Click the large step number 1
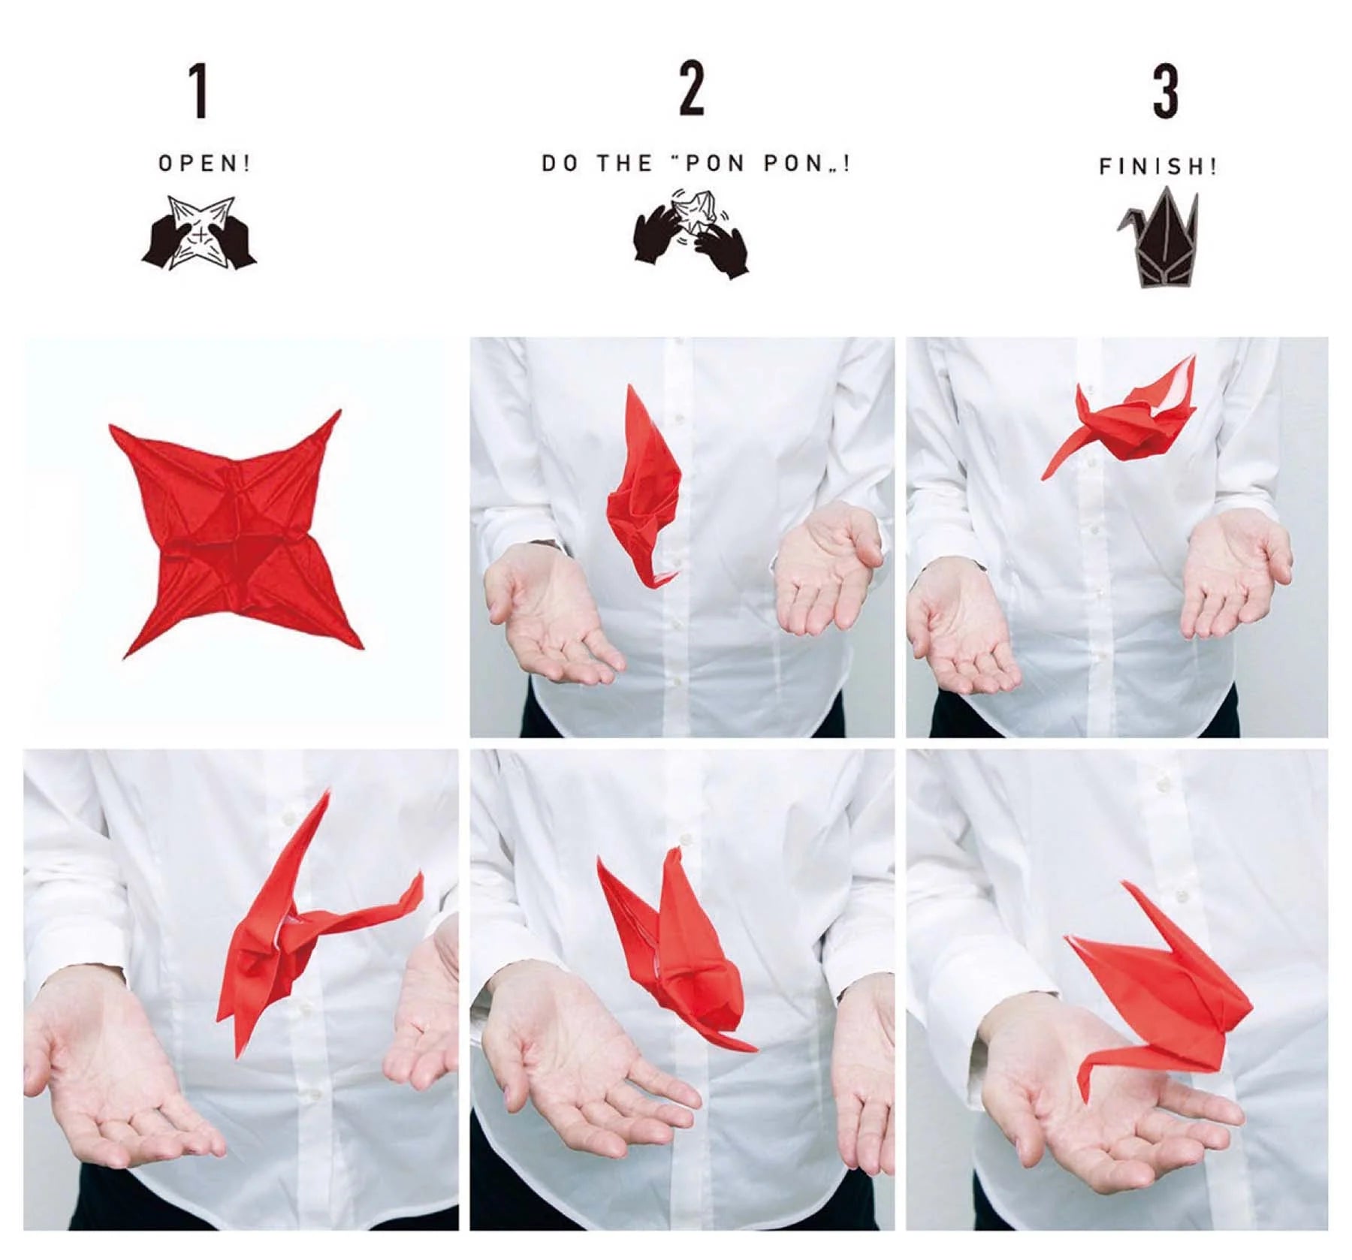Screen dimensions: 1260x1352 coord(198,91)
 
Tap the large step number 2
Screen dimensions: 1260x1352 coord(692,89)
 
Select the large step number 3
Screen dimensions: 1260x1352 coord(1165,91)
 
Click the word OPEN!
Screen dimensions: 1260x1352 coord(204,164)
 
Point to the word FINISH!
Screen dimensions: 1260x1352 coord(1157,166)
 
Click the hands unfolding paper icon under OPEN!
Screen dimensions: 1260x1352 coord(199,234)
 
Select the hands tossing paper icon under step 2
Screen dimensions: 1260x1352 coord(691,234)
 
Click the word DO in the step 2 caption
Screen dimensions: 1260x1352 coord(560,164)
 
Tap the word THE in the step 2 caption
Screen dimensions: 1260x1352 coord(624,164)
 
